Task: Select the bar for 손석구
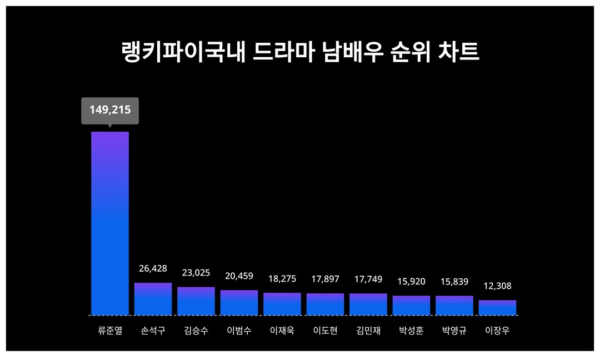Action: click(x=153, y=299)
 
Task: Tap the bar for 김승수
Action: click(x=196, y=301)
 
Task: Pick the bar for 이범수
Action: click(x=239, y=303)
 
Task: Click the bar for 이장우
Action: click(x=497, y=308)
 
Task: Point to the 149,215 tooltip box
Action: click(x=110, y=110)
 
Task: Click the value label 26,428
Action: click(x=153, y=269)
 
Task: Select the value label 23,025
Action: click(x=196, y=273)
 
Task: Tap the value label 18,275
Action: click(x=282, y=278)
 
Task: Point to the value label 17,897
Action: click(x=325, y=279)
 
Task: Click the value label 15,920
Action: click(x=411, y=282)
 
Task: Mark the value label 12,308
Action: click(x=497, y=286)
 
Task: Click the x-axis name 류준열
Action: click(x=110, y=331)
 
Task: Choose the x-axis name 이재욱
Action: click(x=282, y=331)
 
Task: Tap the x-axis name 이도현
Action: click(x=325, y=331)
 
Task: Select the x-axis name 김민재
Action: click(x=368, y=331)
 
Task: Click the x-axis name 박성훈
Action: click(x=411, y=331)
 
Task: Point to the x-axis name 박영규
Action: click(x=454, y=331)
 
